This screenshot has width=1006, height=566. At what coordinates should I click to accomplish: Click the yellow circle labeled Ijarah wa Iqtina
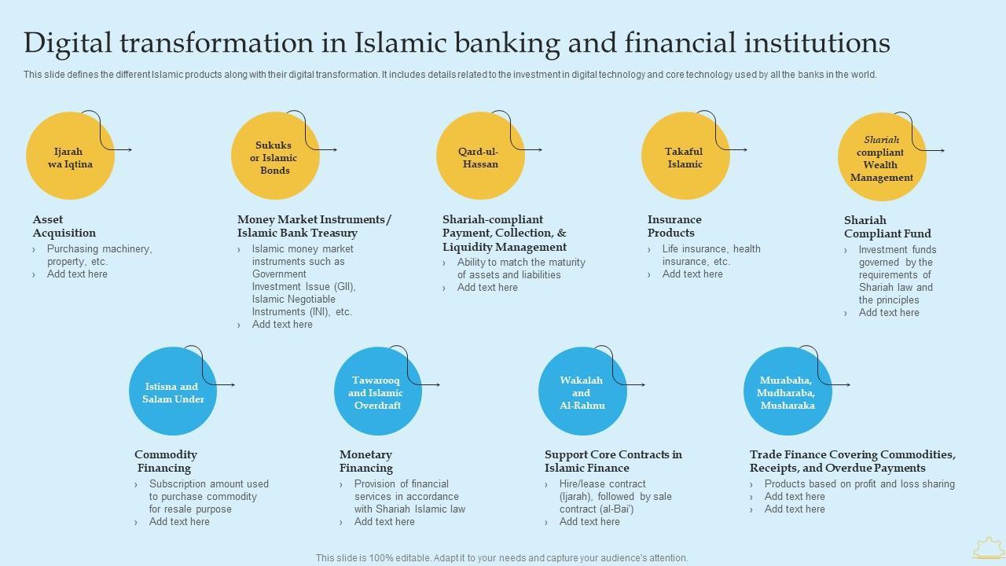[70, 156]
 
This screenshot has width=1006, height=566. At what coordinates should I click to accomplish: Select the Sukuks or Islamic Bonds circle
[275, 156]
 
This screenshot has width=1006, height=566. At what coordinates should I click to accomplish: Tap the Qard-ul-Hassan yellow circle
[480, 156]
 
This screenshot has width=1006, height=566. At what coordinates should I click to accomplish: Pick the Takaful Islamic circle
[685, 156]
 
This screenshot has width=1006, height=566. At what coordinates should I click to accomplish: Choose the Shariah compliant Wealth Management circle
[881, 157]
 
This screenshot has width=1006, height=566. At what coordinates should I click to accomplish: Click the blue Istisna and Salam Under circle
[173, 391]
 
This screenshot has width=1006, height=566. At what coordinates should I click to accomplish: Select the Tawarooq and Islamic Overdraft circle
[377, 391]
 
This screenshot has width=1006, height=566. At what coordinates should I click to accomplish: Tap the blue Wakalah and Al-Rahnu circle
[582, 391]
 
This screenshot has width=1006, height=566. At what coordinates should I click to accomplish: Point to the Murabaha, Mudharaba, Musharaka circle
[787, 391]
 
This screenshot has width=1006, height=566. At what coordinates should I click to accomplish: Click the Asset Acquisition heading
[64, 226]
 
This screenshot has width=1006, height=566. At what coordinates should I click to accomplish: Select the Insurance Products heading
[674, 226]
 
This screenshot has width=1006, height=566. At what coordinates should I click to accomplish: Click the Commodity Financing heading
[165, 461]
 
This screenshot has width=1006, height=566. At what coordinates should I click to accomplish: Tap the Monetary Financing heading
[366, 461]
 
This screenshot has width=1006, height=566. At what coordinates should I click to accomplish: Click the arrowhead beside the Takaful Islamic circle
[744, 149]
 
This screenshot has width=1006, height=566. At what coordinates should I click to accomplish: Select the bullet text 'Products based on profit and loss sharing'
[859, 484]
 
